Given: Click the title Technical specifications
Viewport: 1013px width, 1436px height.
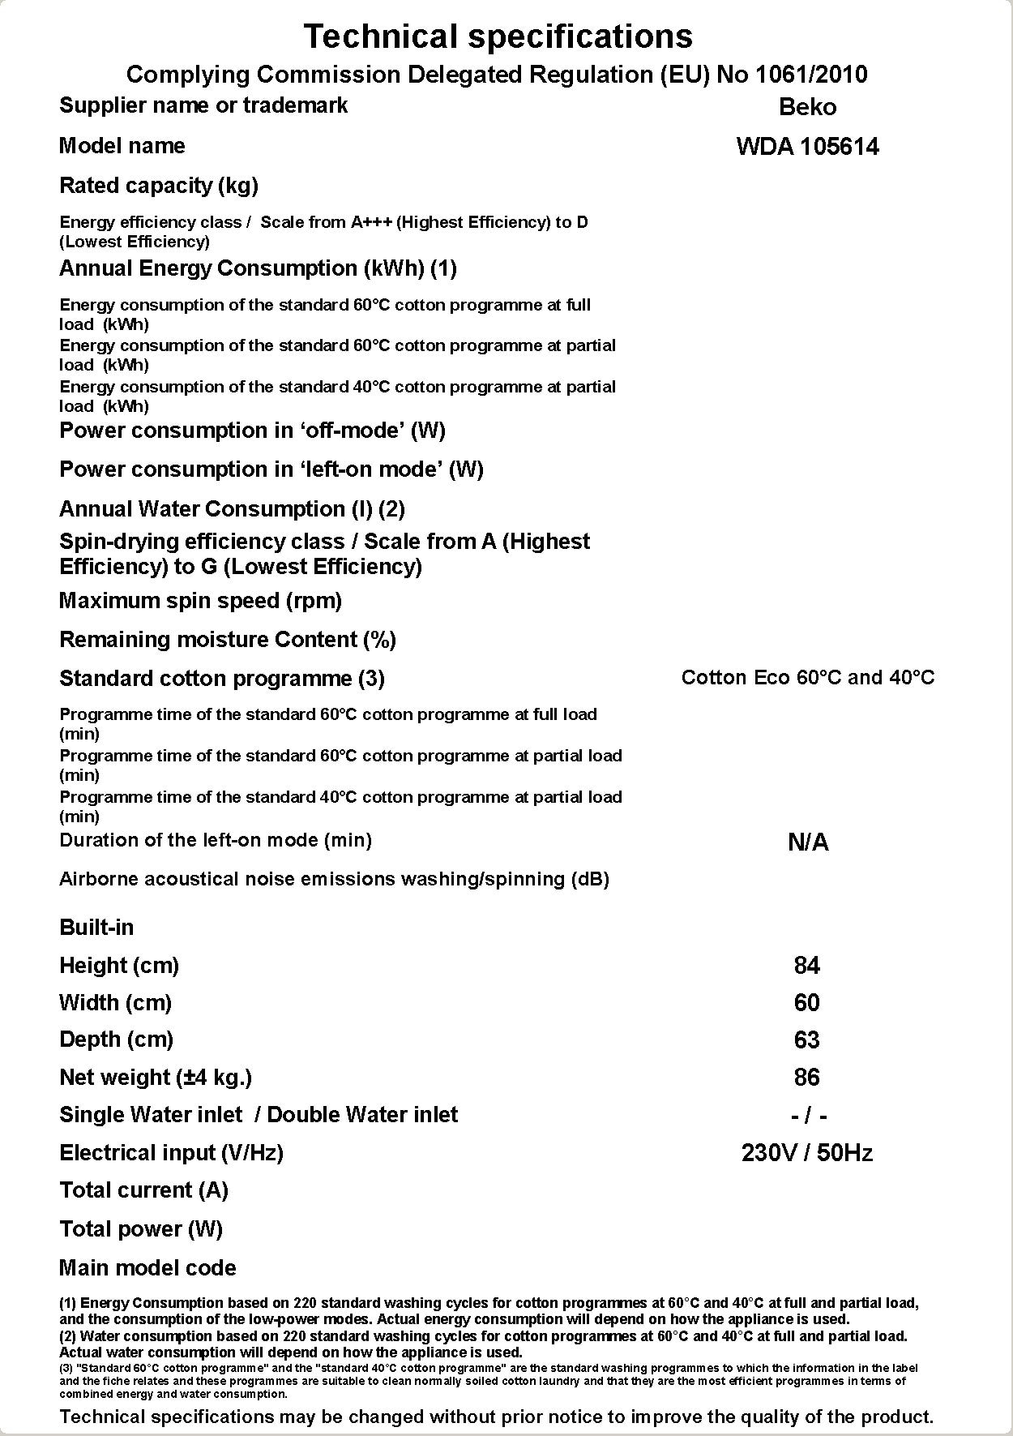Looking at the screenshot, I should point(498,36).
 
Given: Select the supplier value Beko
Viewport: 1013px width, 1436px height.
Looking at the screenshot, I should point(807,107).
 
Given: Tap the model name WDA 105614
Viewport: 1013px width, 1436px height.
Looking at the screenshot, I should point(807,147).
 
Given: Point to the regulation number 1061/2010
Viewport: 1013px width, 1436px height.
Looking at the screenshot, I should point(810,75).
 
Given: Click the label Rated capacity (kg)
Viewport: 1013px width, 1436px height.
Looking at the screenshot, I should point(159,186).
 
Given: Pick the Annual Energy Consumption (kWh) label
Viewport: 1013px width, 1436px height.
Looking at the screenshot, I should point(258,268).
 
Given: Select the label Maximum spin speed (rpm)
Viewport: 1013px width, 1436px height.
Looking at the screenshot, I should point(200,601).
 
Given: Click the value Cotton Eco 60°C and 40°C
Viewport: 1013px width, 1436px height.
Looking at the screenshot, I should point(807,678).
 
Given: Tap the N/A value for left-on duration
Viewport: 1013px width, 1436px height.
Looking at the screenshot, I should point(807,842).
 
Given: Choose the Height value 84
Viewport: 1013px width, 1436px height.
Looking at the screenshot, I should point(807,966).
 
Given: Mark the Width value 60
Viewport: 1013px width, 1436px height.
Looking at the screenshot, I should point(807,1003).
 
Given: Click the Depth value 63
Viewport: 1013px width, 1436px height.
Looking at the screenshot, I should point(807,1040).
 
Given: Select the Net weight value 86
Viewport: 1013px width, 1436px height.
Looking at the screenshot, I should point(807,1078).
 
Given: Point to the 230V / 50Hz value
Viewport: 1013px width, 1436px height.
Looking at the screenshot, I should point(807,1153).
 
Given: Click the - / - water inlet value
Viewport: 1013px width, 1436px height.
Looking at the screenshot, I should point(809,1117).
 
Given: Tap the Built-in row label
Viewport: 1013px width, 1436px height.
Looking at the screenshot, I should point(96,928).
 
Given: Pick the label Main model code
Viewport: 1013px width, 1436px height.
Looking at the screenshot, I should point(147,1268).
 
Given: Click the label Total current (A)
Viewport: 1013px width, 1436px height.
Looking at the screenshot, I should point(143,1190).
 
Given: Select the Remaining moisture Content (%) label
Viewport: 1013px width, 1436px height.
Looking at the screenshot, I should point(228,640).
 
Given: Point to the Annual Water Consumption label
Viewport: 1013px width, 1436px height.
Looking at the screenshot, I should point(232,509).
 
